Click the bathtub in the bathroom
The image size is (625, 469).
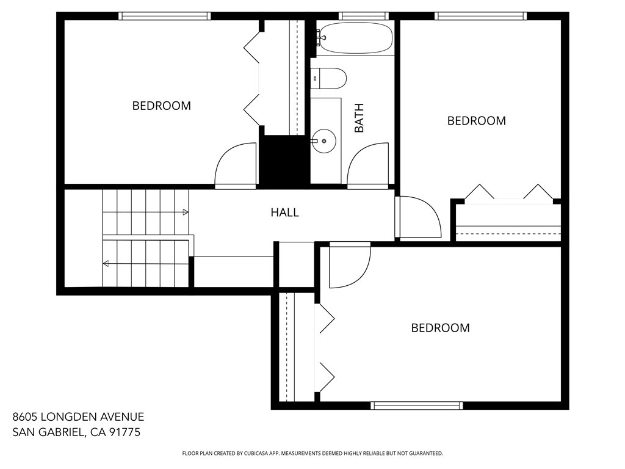coord(356,38)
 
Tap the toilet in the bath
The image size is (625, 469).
coord(328,78)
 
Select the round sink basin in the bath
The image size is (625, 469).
coord(323,141)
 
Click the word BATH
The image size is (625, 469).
coord(359,118)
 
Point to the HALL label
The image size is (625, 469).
coord(284,213)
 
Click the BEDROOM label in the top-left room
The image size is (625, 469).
coord(161,106)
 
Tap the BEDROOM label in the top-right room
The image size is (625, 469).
coord(476,120)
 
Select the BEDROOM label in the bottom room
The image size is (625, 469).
coord(440,328)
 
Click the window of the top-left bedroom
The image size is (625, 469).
coord(164,16)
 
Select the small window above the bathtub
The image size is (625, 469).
coord(364,16)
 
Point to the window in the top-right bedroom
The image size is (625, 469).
coord(480,16)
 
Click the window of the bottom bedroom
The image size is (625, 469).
coord(416,405)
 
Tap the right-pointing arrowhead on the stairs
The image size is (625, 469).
coord(186,212)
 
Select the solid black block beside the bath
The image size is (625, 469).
coord(284,161)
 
